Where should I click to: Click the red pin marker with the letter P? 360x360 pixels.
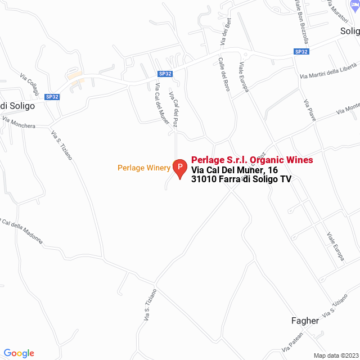coord(179,168)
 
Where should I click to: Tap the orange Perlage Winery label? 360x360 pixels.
coord(143,168)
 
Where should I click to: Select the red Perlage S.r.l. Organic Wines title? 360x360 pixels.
coord(252,160)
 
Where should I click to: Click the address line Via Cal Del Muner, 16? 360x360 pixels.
coord(235,170)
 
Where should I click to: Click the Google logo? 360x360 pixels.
coord(19,353)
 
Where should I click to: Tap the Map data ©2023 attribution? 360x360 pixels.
coord(335,355)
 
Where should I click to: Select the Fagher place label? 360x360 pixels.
coord(305,321)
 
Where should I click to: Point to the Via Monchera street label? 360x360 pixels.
coord(19,123)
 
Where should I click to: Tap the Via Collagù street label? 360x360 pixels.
coord(29,83)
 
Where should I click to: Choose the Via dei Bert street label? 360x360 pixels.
coord(226,32)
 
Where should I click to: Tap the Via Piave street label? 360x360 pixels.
coord(310,111)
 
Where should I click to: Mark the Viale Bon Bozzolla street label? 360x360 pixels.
coord(302,21)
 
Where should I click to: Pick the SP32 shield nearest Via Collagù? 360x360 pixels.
coord(52,97)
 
